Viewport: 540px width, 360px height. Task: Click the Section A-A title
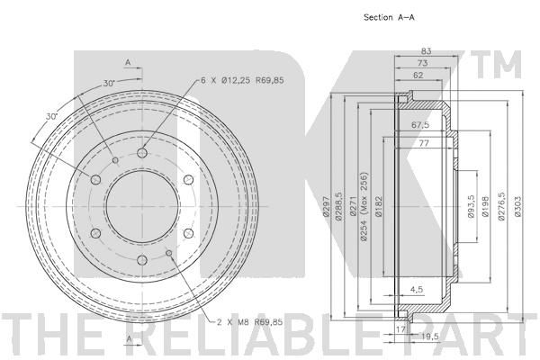pos(389,17)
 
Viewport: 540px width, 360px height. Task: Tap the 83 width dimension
pos(426,51)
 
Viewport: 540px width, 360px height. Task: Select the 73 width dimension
pos(422,63)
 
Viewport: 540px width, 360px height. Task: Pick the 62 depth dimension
pos(418,75)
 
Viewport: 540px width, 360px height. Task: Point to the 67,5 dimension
pos(420,125)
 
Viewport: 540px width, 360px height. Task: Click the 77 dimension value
pos(424,142)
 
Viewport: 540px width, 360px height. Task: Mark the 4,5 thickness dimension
pos(417,290)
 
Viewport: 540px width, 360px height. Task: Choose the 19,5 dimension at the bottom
pos(429,337)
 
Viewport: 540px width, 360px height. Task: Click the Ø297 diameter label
pos(326,206)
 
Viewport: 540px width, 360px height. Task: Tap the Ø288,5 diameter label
pos(339,206)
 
